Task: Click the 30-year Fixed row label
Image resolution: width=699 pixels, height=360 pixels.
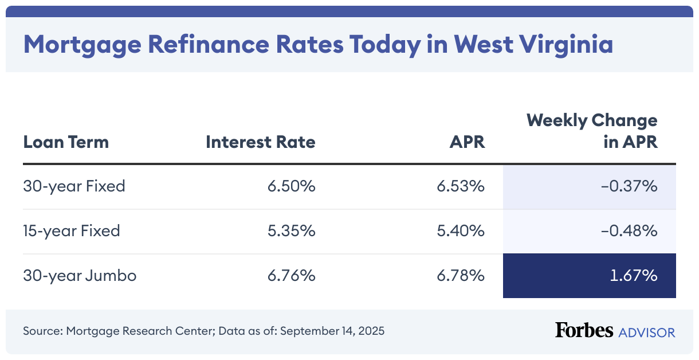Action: pyautogui.click(x=74, y=186)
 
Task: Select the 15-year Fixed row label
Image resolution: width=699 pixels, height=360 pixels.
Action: pyautogui.click(x=72, y=231)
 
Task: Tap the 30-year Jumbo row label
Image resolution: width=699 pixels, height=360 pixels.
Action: pyautogui.click(x=80, y=276)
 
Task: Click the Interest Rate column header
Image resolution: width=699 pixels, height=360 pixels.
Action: pyautogui.click(x=261, y=142)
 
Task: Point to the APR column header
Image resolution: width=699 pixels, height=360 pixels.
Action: pyautogui.click(x=467, y=142)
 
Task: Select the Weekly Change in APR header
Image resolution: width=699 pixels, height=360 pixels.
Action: pyautogui.click(x=592, y=131)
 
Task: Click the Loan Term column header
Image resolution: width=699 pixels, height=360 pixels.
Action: pyautogui.click(x=66, y=142)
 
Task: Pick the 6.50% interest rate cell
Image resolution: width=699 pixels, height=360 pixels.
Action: pyautogui.click(x=291, y=186)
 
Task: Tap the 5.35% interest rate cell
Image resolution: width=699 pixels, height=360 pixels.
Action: pyautogui.click(x=291, y=231)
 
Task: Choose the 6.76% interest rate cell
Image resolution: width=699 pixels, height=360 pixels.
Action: pyautogui.click(x=291, y=276)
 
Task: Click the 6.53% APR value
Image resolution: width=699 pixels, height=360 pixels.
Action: pyautogui.click(x=461, y=186)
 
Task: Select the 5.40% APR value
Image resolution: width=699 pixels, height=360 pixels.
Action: pyautogui.click(x=461, y=231)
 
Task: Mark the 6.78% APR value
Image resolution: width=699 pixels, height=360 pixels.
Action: pyautogui.click(x=461, y=276)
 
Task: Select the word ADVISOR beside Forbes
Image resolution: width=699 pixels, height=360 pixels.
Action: pyautogui.click(x=646, y=332)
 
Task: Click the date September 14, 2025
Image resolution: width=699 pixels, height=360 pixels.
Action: pyautogui.click(x=332, y=331)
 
